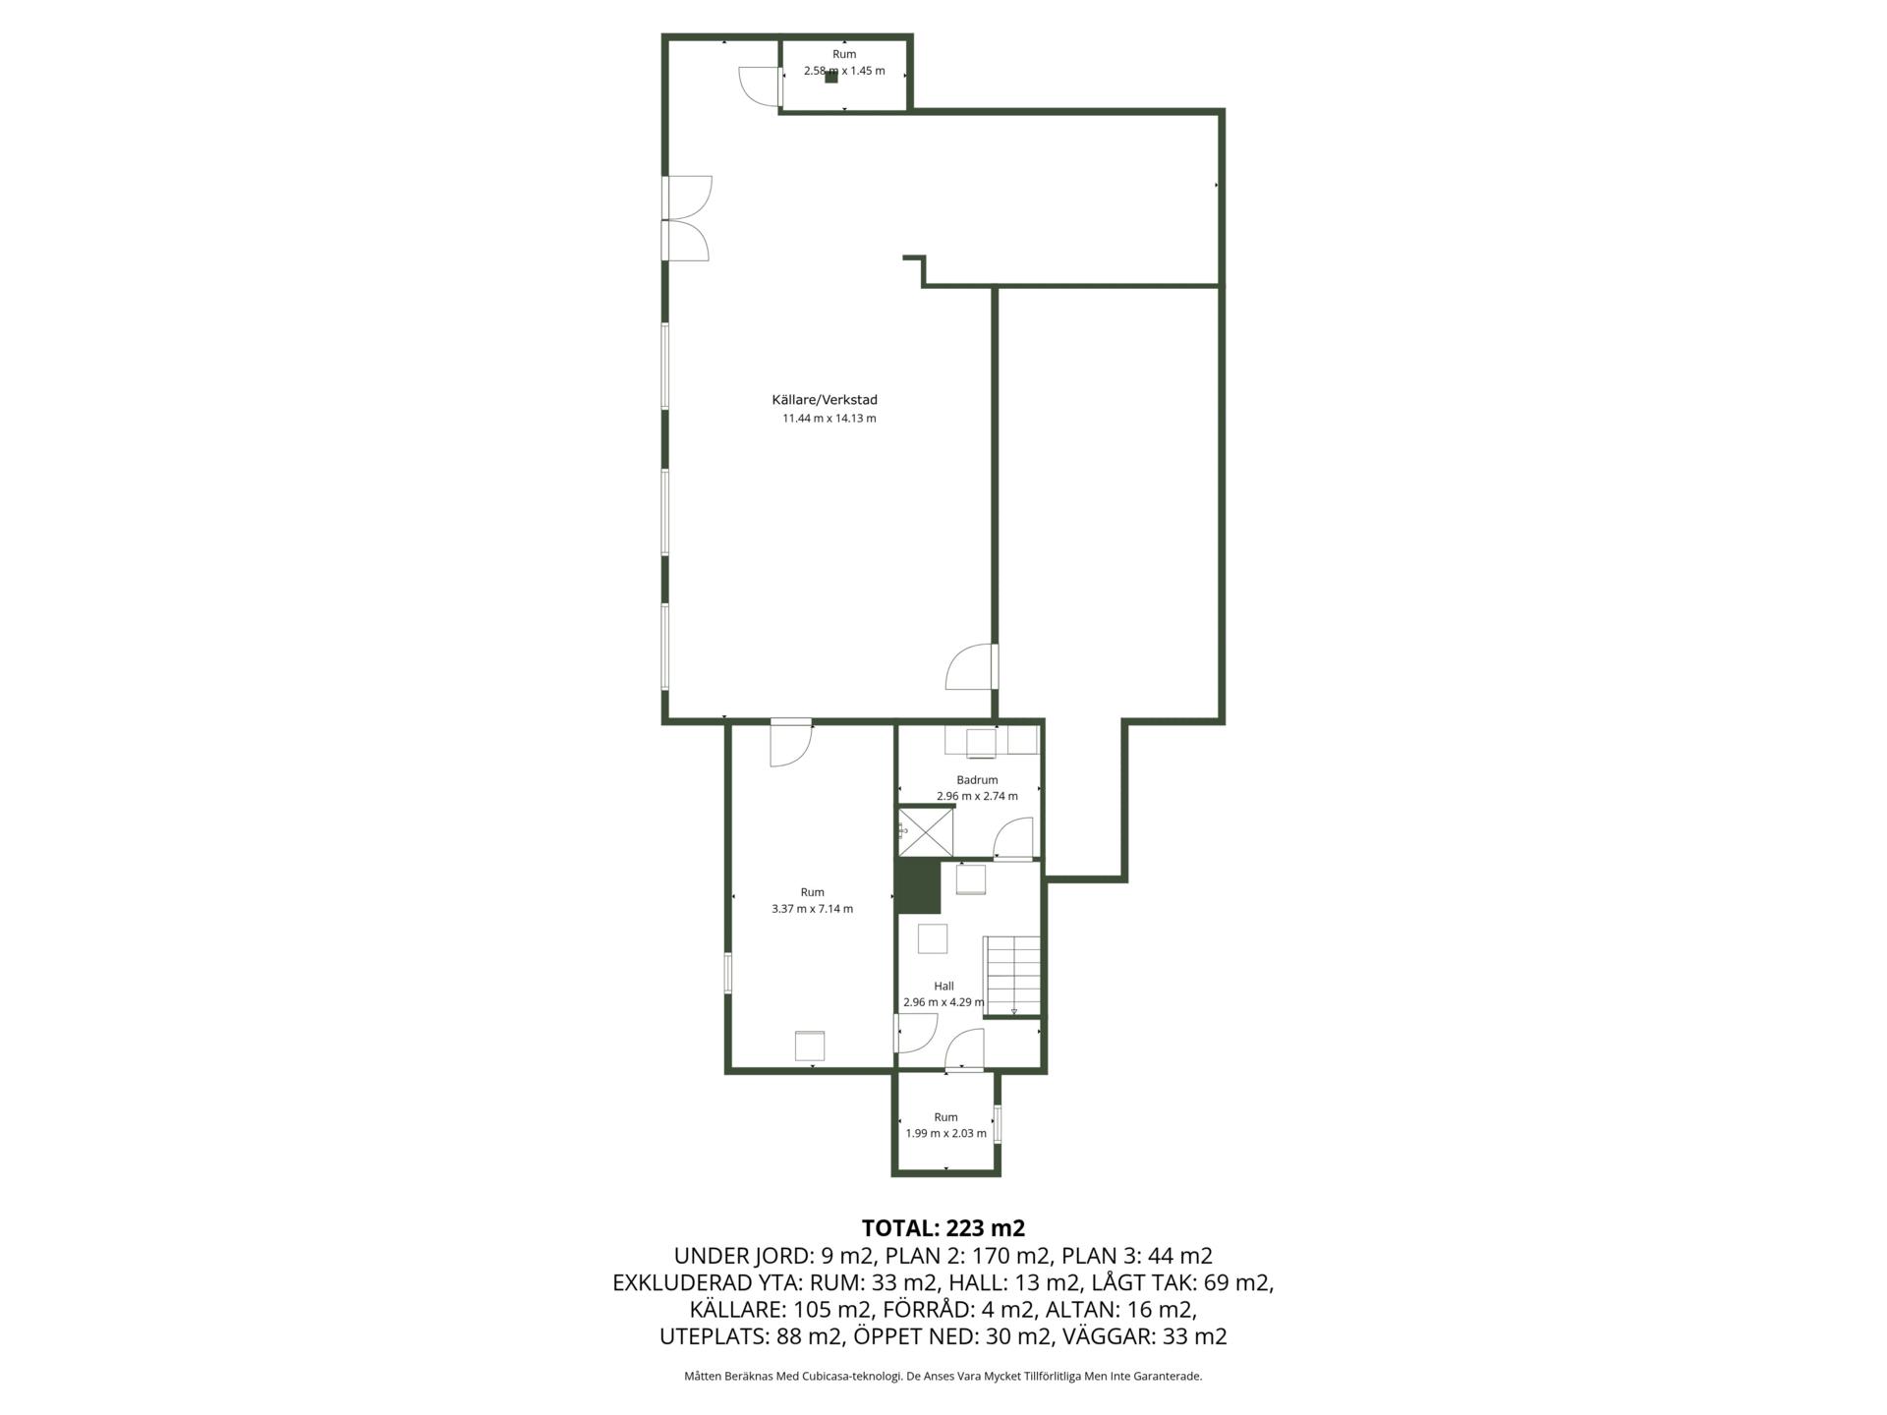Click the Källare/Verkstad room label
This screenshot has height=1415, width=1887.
tap(825, 400)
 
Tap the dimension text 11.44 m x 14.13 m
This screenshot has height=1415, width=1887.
tap(829, 419)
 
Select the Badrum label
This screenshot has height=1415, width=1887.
tap(977, 780)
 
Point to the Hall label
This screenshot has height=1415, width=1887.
tap(943, 987)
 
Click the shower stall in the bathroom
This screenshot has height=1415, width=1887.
tap(926, 831)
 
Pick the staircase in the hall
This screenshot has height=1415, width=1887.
tap(1012, 975)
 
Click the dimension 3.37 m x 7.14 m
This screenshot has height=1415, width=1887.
tap(813, 909)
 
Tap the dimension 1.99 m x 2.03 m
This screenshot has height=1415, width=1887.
tap(945, 1134)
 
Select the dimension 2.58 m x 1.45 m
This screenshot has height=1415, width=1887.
tap(844, 71)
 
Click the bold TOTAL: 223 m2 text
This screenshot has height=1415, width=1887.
tap(943, 1228)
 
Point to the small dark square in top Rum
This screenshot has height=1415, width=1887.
tap(831, 77)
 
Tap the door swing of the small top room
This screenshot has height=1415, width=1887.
tap(759, 85)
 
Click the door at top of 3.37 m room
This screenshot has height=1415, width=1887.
tap(791, 744)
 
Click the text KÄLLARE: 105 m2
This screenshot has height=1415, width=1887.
tap(780, 1310)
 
